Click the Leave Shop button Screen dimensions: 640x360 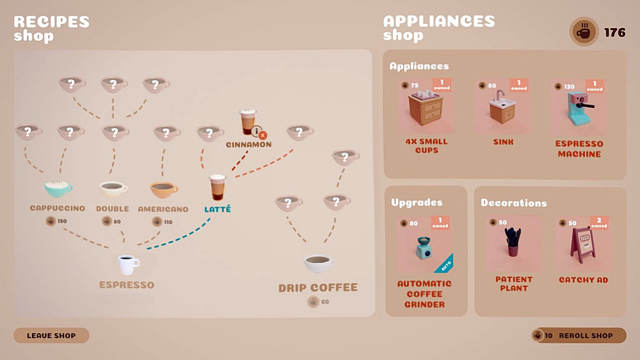coord(51,336)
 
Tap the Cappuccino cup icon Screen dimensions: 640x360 coord(58,189)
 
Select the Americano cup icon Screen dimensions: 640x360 coord(164,190)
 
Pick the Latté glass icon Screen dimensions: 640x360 coord(217,187)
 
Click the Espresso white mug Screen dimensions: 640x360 coord(129,265)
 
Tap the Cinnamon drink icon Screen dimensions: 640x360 coord(247,122)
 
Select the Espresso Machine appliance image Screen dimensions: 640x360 coord(579,107)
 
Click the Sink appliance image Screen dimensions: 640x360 coord(502,106)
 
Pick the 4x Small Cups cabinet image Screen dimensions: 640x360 coord(426,107)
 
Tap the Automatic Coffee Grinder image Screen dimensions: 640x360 coord(424,247)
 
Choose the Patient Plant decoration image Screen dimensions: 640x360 coord(513,242)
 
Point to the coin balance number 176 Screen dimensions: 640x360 coord(615,32)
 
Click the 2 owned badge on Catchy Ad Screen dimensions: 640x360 coord(599,222)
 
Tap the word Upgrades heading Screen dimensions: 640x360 coord(417,202)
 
